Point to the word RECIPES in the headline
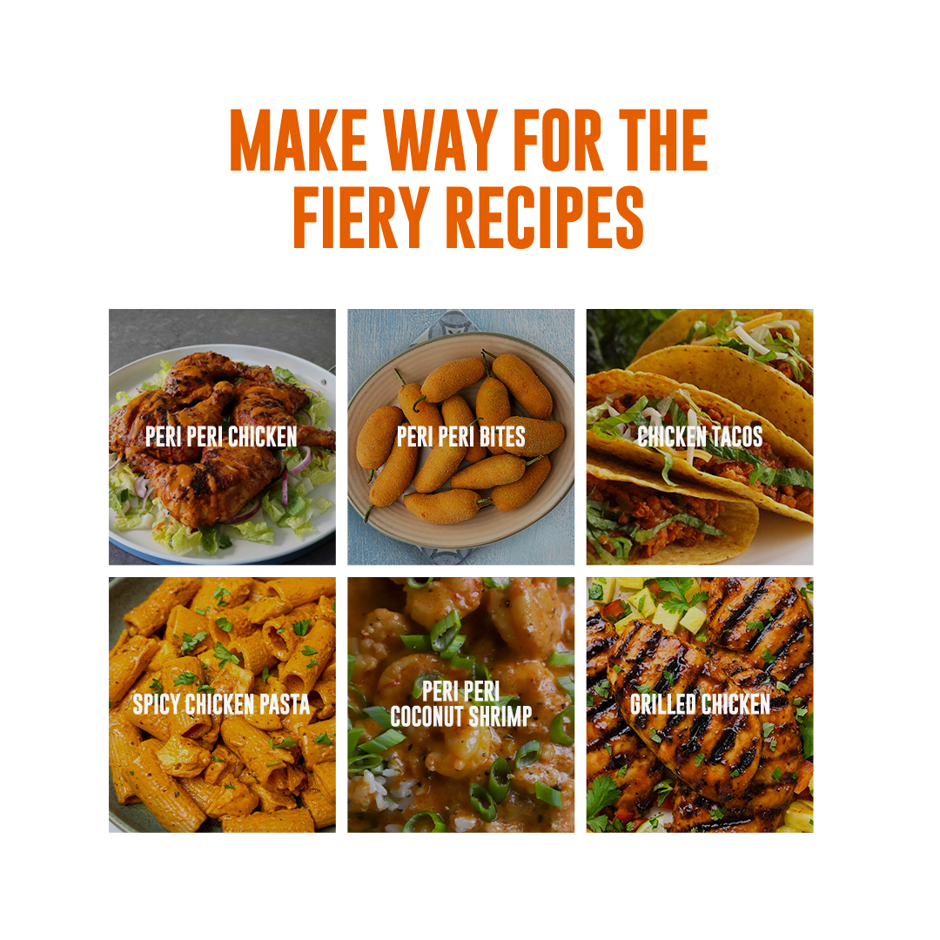click(545, 217)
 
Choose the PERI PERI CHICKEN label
click(221, 436)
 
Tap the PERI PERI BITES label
click(461, 436)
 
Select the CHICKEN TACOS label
click(700, 436)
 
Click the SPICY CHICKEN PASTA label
click(221, 704)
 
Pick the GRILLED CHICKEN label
click(700, 704)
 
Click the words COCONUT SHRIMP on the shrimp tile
click(461, 716)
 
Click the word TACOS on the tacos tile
click(734, 436)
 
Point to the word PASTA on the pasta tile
click(285, 704)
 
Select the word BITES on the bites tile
click(502, 436)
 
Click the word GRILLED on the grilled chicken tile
click(662, 704)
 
